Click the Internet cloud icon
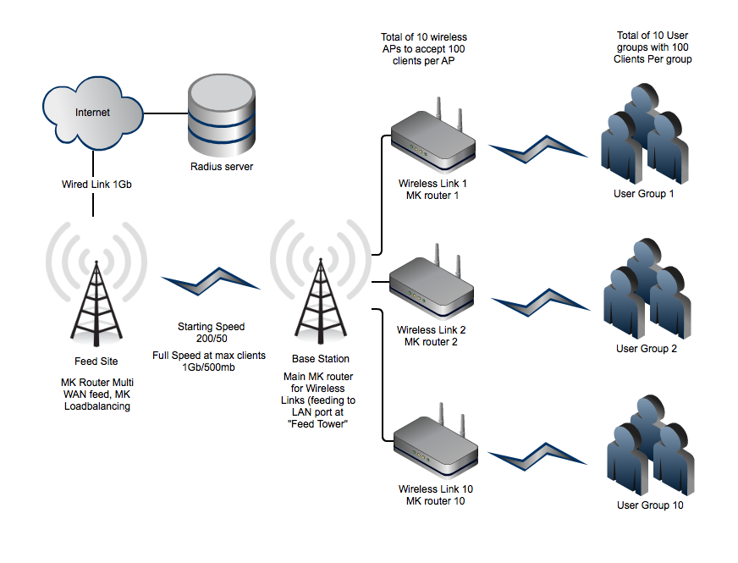click(91, 113)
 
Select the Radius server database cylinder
click(221, 113)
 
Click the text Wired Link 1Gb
click(91, 184)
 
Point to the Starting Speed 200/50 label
click(211, 332)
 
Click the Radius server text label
click(222, 167)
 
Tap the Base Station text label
click(320, 359)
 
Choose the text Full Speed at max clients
click(209, 355)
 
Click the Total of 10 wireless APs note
click(424, 49)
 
